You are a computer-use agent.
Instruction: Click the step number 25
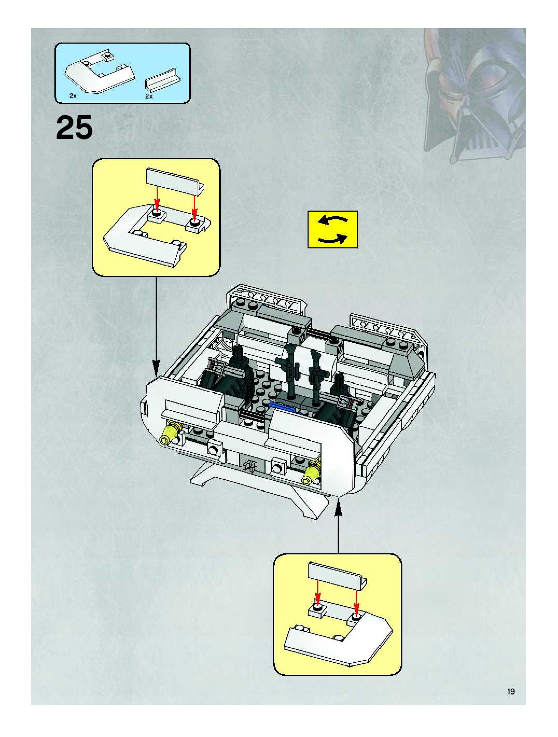click(74, 128)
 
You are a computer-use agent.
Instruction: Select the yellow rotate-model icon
click(332, 229)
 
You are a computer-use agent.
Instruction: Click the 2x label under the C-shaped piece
click(73, 96)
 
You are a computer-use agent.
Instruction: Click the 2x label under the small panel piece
click(149, 96)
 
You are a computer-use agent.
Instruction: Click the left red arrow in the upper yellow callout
click(157, 199)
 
